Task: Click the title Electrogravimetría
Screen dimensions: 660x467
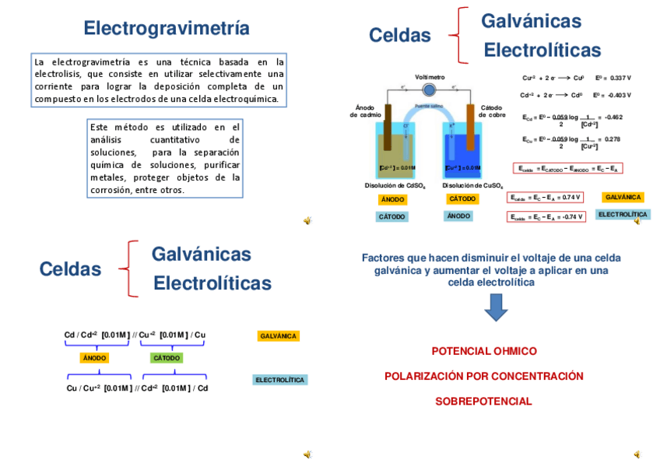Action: tap(167, 29)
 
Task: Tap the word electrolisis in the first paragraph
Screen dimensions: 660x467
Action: tap(56, 74)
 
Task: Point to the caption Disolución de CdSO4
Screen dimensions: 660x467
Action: tap(395, 186)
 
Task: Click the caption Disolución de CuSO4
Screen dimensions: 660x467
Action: tap(472, 186)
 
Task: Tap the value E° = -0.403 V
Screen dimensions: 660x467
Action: tap(612, 96)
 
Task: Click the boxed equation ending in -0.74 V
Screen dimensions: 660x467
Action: tap(546, 217)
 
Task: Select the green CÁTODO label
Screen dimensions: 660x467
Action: tap(167, 358)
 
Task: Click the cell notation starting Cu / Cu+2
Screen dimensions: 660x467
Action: tap(137, 388)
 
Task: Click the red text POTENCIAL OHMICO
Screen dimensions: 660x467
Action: tap(484, 351)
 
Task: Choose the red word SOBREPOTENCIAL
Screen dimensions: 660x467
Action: tap(483, 402)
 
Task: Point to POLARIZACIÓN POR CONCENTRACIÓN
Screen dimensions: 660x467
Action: tap(483, 377)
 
